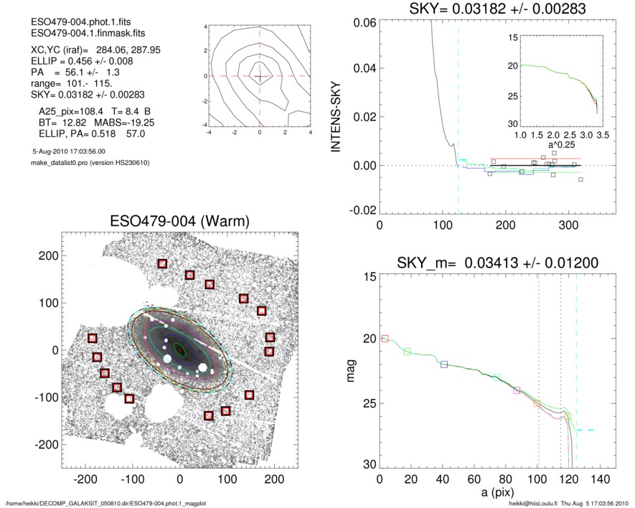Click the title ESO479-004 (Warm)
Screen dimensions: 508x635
point(179,222)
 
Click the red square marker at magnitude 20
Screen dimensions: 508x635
point(385,339)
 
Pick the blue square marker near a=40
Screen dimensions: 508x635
point(444,364)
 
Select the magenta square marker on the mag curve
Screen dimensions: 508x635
point(517,390)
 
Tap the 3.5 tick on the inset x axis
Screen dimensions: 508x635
point(601,134)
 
